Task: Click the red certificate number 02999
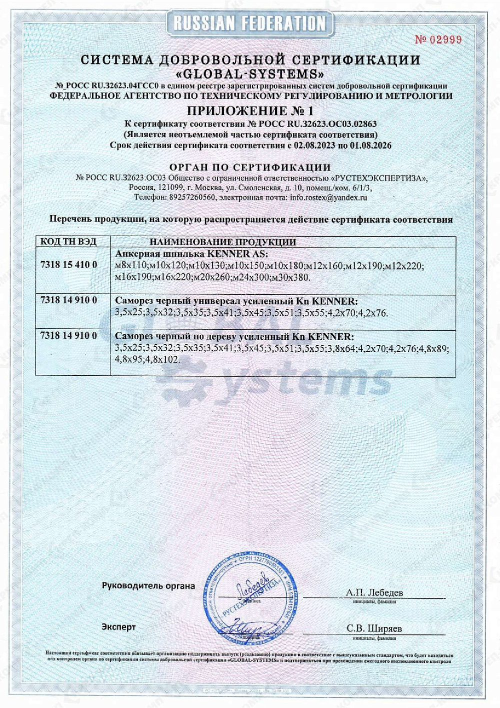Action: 438,40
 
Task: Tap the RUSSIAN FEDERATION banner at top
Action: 250,23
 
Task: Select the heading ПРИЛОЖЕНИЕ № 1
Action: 250,111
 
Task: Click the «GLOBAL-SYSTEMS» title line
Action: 250,75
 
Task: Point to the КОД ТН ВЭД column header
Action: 68,242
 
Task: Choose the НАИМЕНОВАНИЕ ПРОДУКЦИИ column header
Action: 222,242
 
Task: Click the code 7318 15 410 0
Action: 68,265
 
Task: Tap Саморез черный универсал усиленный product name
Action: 236,301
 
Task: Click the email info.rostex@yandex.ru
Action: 328,197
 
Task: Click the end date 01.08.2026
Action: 371,146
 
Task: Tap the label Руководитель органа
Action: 148,585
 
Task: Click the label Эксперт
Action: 118,627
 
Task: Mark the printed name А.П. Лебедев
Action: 374,592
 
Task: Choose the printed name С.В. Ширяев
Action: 374,628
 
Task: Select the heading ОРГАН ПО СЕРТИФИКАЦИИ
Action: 250,167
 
